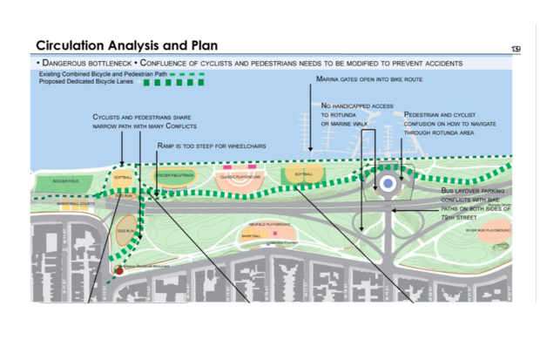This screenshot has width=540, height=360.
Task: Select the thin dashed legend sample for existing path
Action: pos(190,74)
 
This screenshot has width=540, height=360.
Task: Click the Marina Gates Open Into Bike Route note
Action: pos(369,79)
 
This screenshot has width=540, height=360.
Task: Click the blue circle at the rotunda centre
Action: pos(388,184)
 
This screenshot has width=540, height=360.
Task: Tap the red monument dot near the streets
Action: pos(119,271)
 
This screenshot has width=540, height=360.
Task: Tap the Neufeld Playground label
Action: pos(267,225)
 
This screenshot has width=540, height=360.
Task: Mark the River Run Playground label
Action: pos(487,231)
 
